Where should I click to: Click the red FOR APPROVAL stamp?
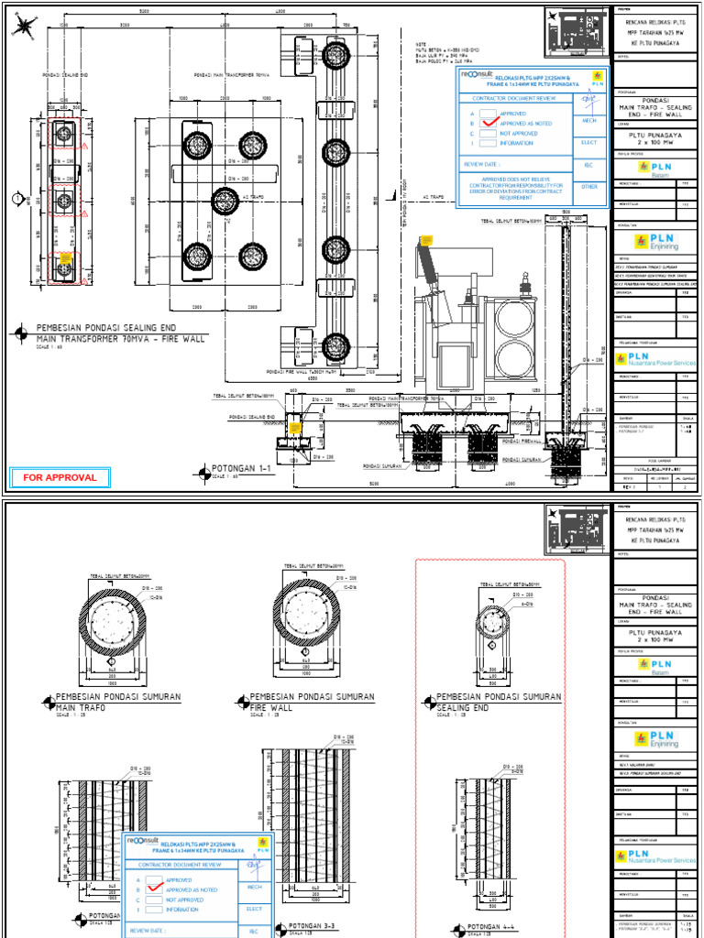click(x=60, y=477)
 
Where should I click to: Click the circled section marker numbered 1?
click(x=17, y=198)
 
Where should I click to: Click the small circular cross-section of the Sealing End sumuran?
click(x=492, y=624)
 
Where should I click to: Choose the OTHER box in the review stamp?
click(x=589, y=186)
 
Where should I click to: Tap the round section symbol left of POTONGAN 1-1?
click(x=202, y=473)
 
